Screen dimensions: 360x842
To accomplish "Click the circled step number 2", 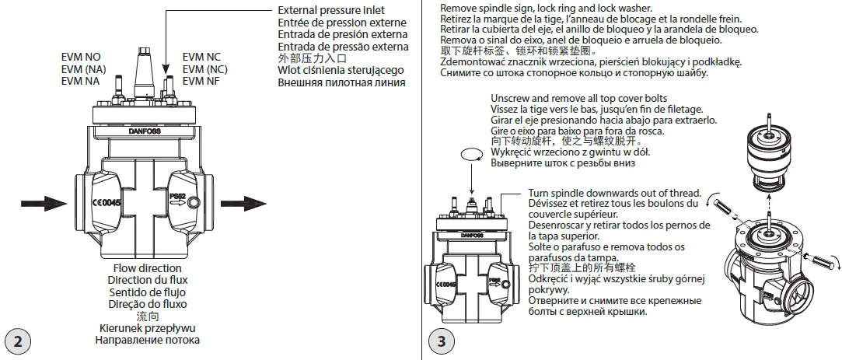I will tap(18, 341).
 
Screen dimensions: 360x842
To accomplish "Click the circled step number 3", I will tap(442, 341).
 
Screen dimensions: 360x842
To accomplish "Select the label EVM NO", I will tap(80, 58).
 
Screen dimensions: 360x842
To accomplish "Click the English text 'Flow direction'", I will tap(147, 269).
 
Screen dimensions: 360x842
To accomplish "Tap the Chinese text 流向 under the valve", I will tap(147, 316).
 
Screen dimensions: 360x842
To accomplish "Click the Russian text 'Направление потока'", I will tap(147, 340).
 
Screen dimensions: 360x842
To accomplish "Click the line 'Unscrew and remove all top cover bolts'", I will tap(578, 99).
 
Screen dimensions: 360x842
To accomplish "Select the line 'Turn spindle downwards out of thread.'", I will tap(614, 193).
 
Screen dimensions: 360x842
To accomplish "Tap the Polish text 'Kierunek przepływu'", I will tap(147, 328).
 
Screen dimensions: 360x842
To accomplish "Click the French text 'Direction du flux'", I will tap(147, 281).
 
